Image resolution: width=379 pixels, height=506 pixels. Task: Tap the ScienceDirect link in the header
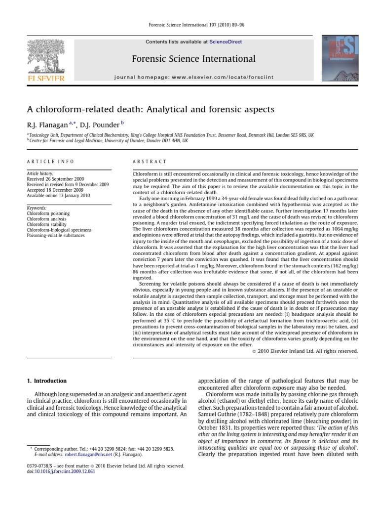tap(226, 42)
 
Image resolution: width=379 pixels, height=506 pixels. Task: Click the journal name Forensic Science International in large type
tap(193, 59)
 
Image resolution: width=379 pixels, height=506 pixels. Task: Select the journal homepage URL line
tap(193, 77)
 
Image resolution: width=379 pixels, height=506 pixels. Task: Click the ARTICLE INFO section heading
tap(50, 162)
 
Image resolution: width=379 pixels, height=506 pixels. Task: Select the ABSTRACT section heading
tap(150, 162)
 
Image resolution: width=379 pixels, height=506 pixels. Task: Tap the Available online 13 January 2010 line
tap(56, 195)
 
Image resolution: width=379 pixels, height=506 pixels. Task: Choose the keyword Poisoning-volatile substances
tap(57, 236)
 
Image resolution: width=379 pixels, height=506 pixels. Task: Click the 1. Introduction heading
tap(46, 381)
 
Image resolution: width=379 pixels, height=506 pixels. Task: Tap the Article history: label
tap(41, 173)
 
